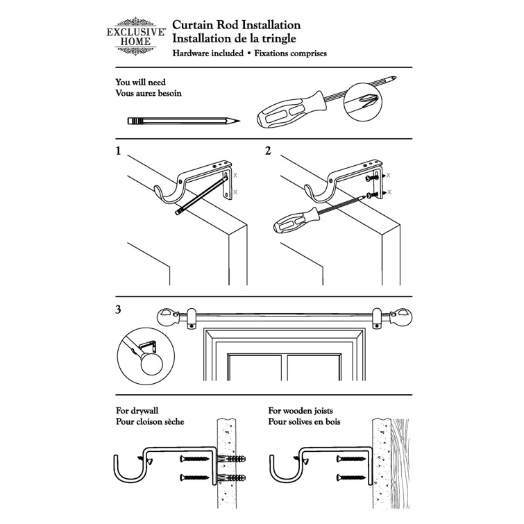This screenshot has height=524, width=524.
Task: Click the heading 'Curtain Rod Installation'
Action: pyautogui.click(x=236, y=26)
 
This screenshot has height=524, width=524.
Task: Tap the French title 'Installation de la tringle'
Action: pyautogui.click(x=235, y=39)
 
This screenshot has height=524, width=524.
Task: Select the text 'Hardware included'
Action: pyautogui.click(x=208, y=53)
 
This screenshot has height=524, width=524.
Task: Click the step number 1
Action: pyautogui.click(x=119, y=151)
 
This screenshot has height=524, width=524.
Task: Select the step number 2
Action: pyautogui.click(x=268, y=151)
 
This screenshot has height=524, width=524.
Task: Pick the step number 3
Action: pyautogui.click(x=119, y=310)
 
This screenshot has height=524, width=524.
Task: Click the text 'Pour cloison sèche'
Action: pyautogui.click(x=150, y=422)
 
